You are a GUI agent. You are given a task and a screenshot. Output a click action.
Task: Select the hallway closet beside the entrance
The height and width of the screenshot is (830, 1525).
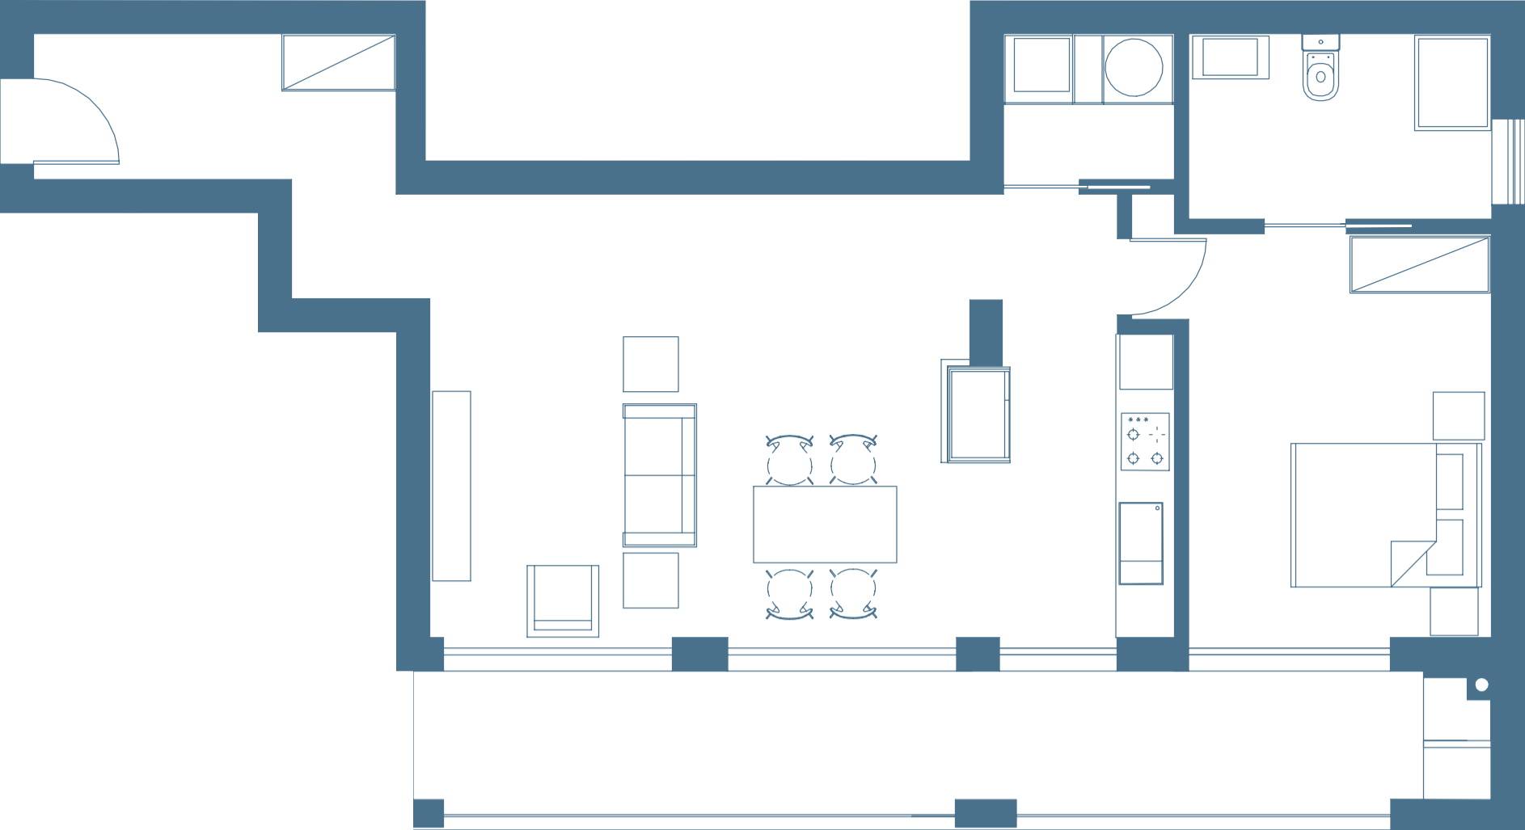click(337, 63)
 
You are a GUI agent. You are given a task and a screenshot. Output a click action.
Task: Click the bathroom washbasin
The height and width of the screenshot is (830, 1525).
click(1229, 57)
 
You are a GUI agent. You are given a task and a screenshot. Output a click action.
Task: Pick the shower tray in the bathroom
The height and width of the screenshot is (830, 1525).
click(1451, 83)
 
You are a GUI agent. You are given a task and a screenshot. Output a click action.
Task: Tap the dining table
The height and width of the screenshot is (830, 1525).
click(824, 525)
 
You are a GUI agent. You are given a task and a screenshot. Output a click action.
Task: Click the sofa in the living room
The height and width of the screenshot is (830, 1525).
click(659, 476)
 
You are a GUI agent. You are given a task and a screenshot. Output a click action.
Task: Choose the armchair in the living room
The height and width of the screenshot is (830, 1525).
click(563, 600)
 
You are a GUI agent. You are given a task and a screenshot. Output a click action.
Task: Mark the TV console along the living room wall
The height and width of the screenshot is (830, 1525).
click(451, 487)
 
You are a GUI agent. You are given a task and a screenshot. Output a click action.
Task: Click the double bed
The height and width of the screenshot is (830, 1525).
click(1367, 515)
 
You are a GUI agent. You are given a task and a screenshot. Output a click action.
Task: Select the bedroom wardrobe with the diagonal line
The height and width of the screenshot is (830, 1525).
click(1418, 266)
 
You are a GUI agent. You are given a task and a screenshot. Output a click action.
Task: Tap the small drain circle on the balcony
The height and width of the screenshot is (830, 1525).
click(1481, 685)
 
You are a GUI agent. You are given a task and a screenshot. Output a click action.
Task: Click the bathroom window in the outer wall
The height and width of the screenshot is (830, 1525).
click(1508, 161)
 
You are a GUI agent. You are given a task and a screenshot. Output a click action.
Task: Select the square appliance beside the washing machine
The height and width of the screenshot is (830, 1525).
click(1041, 65)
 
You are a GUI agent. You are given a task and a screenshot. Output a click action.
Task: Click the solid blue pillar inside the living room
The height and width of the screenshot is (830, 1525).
click(986, 331)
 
